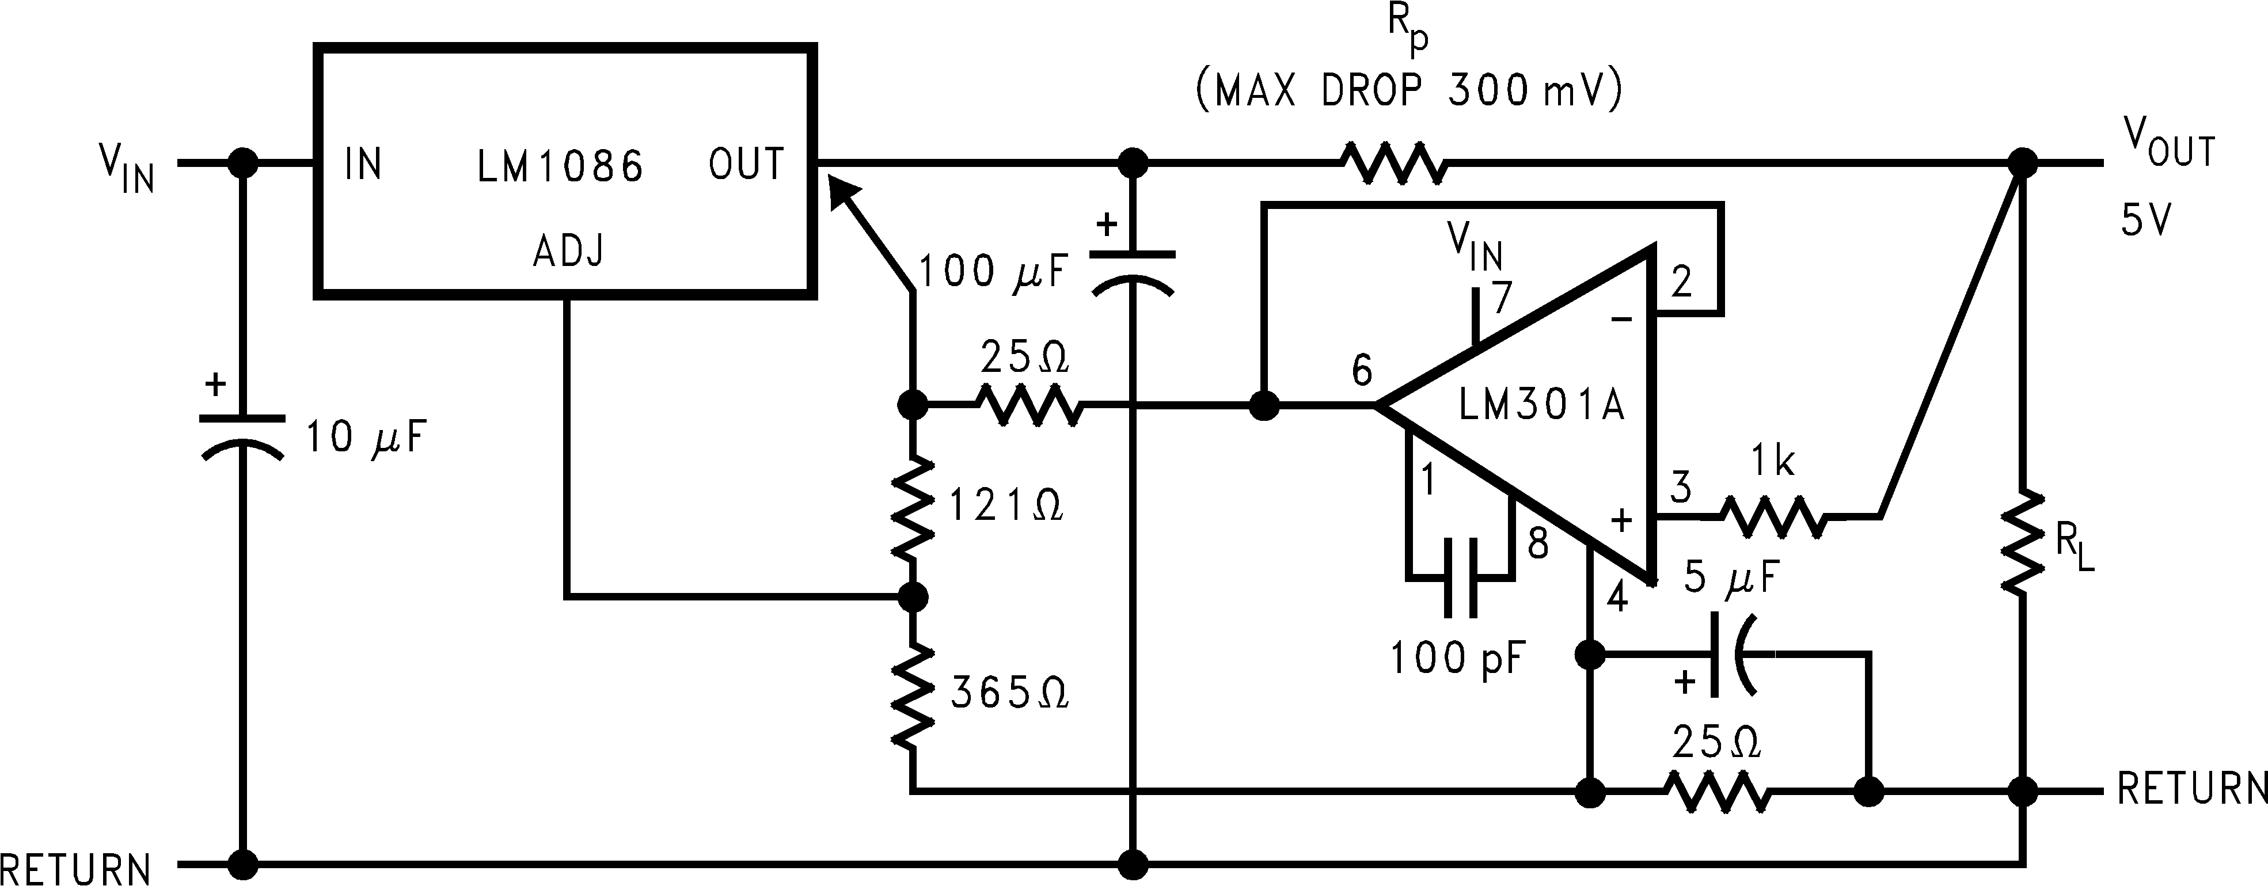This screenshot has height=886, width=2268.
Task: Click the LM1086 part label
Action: click(560, 166)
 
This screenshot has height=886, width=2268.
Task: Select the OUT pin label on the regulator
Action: click(746, 165)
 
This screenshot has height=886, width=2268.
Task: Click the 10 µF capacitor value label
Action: click(366, 438)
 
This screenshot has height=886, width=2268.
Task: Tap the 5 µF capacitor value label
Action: click(1731, 577)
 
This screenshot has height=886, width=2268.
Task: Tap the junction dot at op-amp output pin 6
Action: click(1264, 406)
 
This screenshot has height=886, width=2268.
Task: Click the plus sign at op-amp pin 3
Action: click(1621, 520)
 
